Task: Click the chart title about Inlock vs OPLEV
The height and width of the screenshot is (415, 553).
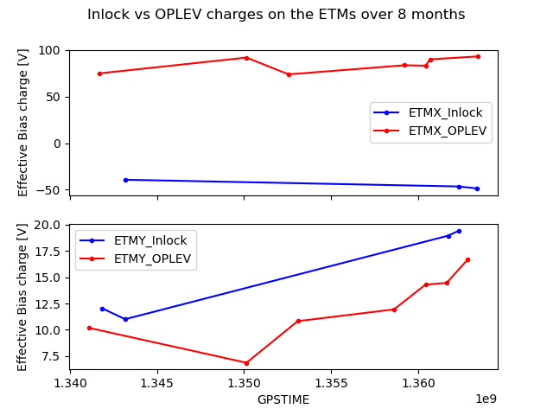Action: coord(276,15)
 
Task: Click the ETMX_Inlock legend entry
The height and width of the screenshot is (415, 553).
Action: coord(428,112)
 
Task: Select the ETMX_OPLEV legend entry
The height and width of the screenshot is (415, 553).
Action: coord(430,131)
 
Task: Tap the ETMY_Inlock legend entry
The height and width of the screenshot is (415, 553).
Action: coord(133,240)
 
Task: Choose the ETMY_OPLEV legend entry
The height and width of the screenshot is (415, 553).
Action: coord(135,259)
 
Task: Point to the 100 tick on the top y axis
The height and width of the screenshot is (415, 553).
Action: coord(49,50)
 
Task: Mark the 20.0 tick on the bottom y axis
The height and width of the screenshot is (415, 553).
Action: coord(47,225)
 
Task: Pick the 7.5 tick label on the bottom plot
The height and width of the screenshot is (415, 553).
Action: coord(51,356)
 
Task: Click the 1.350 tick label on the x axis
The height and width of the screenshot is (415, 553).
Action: coord(244,383)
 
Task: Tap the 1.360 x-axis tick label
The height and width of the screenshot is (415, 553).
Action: coord(418,383)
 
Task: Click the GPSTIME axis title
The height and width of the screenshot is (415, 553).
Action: coord(283,399)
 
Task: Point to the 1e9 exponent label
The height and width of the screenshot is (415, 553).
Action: coord(486,399)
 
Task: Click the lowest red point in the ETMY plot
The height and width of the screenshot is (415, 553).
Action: coord(246,363)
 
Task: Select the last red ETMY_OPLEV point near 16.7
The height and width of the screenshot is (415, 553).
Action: coord(468,259)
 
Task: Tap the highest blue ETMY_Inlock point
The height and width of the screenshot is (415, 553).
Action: coord(459,231)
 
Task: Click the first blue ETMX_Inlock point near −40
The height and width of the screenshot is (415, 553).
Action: coord(125,180)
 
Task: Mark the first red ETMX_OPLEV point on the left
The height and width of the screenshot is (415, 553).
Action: coord(100,73)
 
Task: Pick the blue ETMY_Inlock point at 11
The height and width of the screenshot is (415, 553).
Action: coord(125,319)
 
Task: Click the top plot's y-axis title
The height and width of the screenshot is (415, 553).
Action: coord(22,123)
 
